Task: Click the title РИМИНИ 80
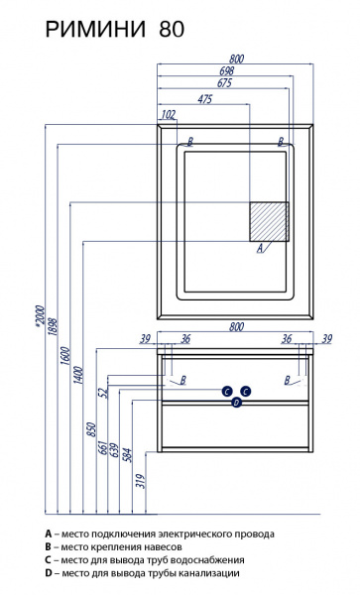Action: [115, 29]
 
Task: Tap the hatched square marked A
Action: [269, 221]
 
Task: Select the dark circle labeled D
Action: [237, 403]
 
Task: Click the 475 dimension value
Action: [205, 99]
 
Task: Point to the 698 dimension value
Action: [227, 70]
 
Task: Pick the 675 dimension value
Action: [224, 83]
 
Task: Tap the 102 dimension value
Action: [170, 115]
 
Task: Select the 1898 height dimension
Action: [53, 326]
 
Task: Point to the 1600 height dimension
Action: [66, 356]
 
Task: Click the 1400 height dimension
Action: [78, 375]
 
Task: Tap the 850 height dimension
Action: [92, 429]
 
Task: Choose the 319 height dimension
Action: [141, 481]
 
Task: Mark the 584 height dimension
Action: [128, 456]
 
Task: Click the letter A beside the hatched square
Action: [260, 249]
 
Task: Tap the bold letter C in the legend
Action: [48, 559]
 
